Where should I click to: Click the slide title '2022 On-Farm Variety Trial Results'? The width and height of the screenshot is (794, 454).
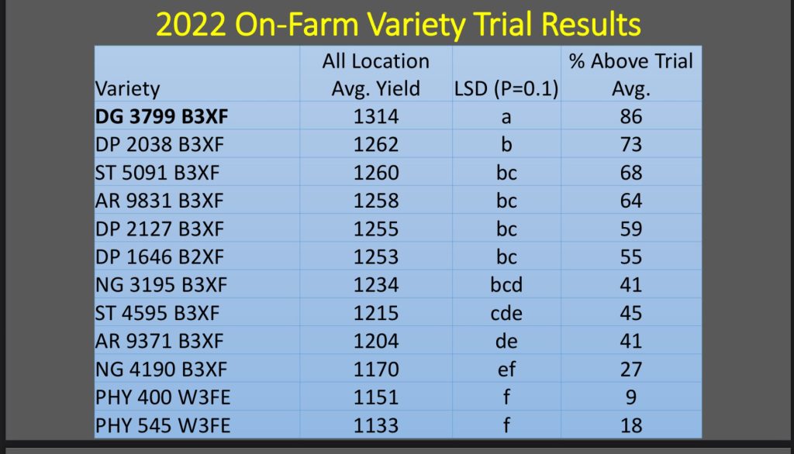point(398,24)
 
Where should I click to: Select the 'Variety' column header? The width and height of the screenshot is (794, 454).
point(127,89)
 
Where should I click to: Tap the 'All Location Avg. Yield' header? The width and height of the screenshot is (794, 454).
point(376,75)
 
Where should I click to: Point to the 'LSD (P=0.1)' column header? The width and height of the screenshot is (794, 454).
point(506,89)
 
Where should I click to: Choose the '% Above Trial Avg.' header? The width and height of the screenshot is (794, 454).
point(631,75)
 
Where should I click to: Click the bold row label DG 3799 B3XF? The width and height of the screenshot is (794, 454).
point(161,116)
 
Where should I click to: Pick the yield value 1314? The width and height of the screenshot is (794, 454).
point(376,116)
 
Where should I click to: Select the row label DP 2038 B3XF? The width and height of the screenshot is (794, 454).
point(159,145)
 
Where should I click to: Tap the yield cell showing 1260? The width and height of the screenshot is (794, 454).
point(376,173)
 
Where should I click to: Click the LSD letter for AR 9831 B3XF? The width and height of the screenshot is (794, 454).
point(506,201)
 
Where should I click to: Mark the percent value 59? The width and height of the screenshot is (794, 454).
point(631,229)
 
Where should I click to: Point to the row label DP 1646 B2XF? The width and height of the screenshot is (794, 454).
point(159,257)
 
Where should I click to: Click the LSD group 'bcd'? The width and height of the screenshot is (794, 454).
point(506,285)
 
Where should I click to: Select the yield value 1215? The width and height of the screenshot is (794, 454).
point(376,313)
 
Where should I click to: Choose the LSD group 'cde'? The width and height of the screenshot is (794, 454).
point(506,313)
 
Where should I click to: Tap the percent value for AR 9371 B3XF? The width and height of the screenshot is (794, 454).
point(631,341)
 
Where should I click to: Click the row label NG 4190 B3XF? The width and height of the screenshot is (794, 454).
point(161,370)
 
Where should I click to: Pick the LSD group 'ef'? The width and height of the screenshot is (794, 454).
point(506,370)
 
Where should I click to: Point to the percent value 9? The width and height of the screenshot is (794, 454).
point(631,397)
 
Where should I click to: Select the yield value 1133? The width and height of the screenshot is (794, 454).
point(376,425)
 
